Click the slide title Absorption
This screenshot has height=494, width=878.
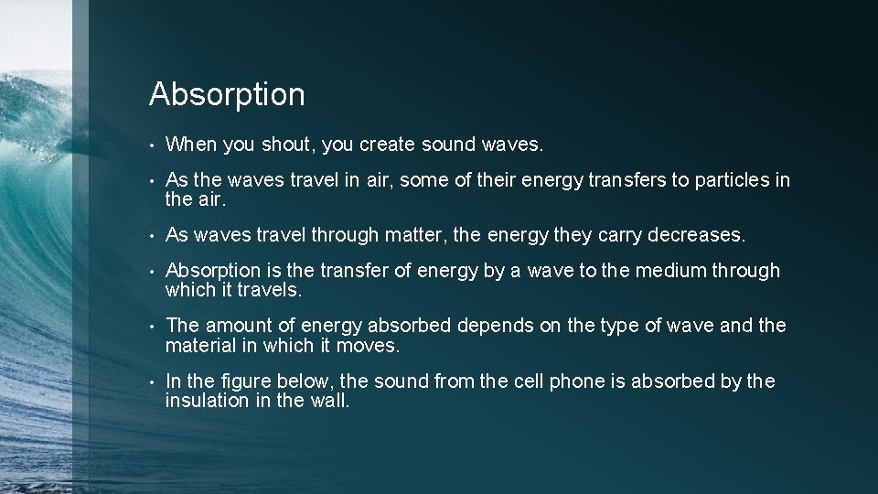pos(227,94)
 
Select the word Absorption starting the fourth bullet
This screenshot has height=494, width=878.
pos(213,271)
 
